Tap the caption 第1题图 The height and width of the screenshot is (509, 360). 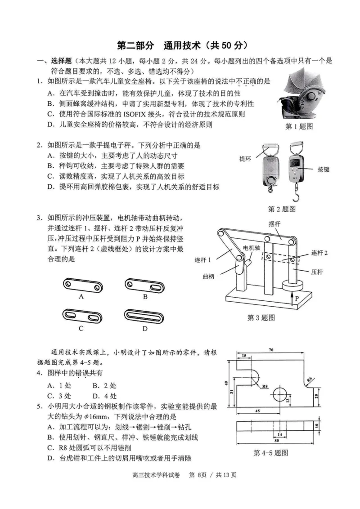(299, 126)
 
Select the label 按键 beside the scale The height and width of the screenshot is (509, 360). (324, 170)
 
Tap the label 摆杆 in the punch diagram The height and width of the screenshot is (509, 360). (274, 224)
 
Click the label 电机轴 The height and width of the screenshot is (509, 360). (252, 248)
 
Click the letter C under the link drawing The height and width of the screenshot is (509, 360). (81, 328)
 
